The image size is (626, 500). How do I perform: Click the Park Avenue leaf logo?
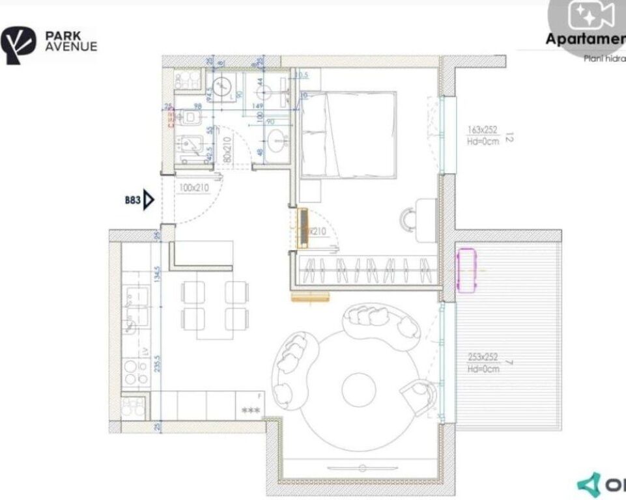(20, 45)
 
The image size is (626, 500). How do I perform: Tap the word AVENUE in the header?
(71, 47)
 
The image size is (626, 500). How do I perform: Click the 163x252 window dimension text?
(483, 131)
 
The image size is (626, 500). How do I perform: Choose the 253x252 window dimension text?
(483, 357)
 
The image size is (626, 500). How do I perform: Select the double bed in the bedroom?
(347, 135)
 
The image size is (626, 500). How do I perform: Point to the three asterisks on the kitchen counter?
(250, 411)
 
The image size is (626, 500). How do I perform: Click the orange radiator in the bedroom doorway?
(303, 228)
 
